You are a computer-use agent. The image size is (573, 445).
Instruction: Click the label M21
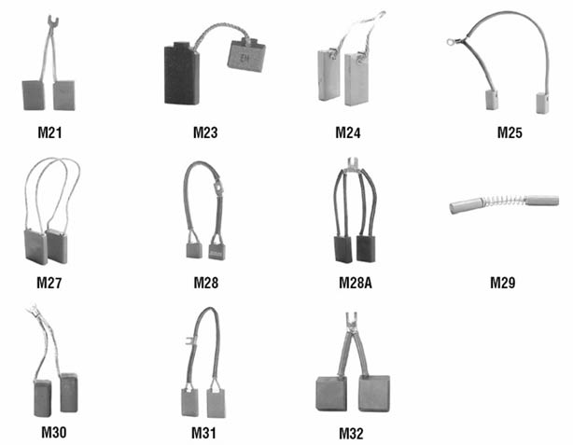click(x=49, y=132)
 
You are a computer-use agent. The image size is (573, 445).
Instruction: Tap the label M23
click(x=205, y=132)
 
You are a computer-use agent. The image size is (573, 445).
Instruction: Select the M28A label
click(x=356, y=283)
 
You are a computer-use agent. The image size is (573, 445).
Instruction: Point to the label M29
click(x=502, y=283)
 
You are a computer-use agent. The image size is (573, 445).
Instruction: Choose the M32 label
click(x=351, y=433)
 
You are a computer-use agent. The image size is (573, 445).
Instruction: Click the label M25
click(x=510, y=132)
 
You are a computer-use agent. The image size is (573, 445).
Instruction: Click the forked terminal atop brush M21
click(x=53, y=21)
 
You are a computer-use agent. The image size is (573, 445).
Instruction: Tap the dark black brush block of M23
click(x=182, y=75)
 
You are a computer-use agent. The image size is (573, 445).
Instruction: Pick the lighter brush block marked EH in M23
click(x=246, y=55)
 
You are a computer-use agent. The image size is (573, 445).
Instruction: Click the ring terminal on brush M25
click(x=450, y=42)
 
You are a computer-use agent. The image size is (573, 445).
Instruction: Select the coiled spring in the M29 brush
click(x=505, y=202)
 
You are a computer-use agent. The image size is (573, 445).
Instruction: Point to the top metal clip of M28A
click(x=353, y=163)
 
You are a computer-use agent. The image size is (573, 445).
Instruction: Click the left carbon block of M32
click(x=331, y=394)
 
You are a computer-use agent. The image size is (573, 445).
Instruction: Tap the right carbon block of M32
click(x=374, y=394)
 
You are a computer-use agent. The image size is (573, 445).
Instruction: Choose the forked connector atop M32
click(x=351, y=320)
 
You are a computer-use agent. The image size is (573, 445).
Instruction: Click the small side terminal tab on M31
click(x=189, y=341)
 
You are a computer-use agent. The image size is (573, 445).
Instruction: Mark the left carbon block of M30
click(x=42, y=398)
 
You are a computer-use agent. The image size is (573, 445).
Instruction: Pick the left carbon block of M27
click(x=35, y=247)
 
